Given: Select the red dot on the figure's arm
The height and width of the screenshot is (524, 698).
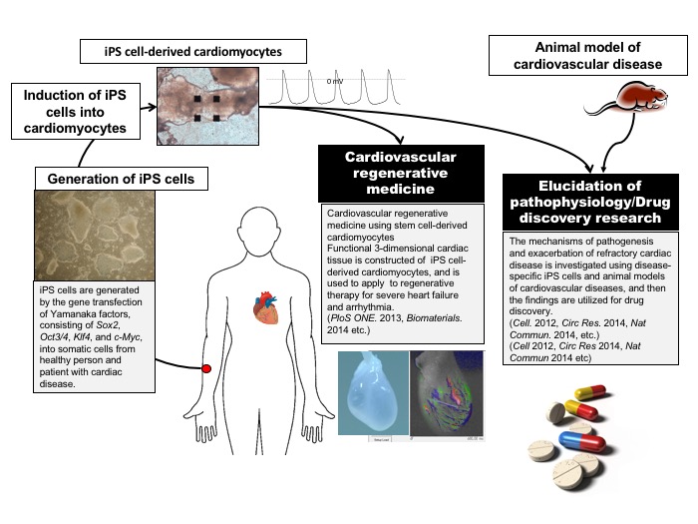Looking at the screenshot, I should click(x=206, y=369).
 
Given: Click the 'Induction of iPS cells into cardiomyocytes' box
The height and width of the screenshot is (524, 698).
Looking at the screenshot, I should click(x=75, y=109).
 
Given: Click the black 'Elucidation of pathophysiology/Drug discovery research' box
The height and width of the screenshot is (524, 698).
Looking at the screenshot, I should click(x=594, y=198).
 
